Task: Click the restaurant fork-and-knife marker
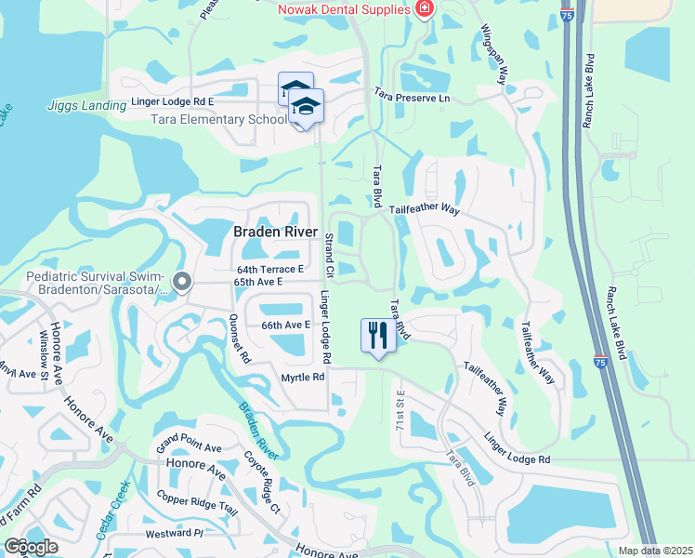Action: coord(377,335)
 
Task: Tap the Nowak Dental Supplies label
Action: coord(343,9)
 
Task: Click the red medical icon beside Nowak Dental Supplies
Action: coord(425,8)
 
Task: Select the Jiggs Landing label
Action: coord(86,106)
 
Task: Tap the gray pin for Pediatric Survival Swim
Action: coord(182,281)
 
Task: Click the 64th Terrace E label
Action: coord(270,270)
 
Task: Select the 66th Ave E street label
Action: coord(284,325)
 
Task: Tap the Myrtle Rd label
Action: coord(303,378)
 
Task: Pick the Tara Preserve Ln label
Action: coord(412,96)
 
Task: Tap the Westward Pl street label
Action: coord(174,533)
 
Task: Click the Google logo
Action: coord(31,547)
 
